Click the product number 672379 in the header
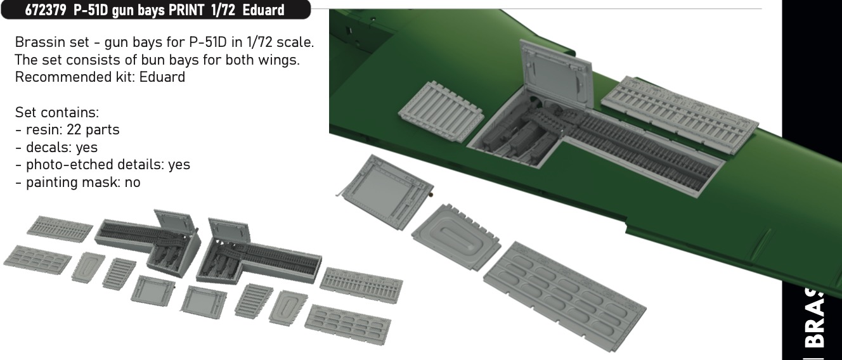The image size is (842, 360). [46, 10]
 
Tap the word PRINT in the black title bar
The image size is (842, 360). [186, 10]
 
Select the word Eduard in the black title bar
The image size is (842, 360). [263, 10]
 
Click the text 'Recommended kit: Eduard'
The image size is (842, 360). [100, 77]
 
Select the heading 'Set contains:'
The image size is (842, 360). [57, 112]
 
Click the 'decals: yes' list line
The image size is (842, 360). [56, 147]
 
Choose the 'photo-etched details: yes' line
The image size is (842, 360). [103, 165]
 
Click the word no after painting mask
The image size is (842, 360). [133, 183]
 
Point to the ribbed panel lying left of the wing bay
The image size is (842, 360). [441, 112]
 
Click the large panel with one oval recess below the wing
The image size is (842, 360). [456, 237]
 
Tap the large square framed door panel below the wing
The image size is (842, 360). [385, 191]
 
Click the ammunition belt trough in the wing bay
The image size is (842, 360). [639, 150]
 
